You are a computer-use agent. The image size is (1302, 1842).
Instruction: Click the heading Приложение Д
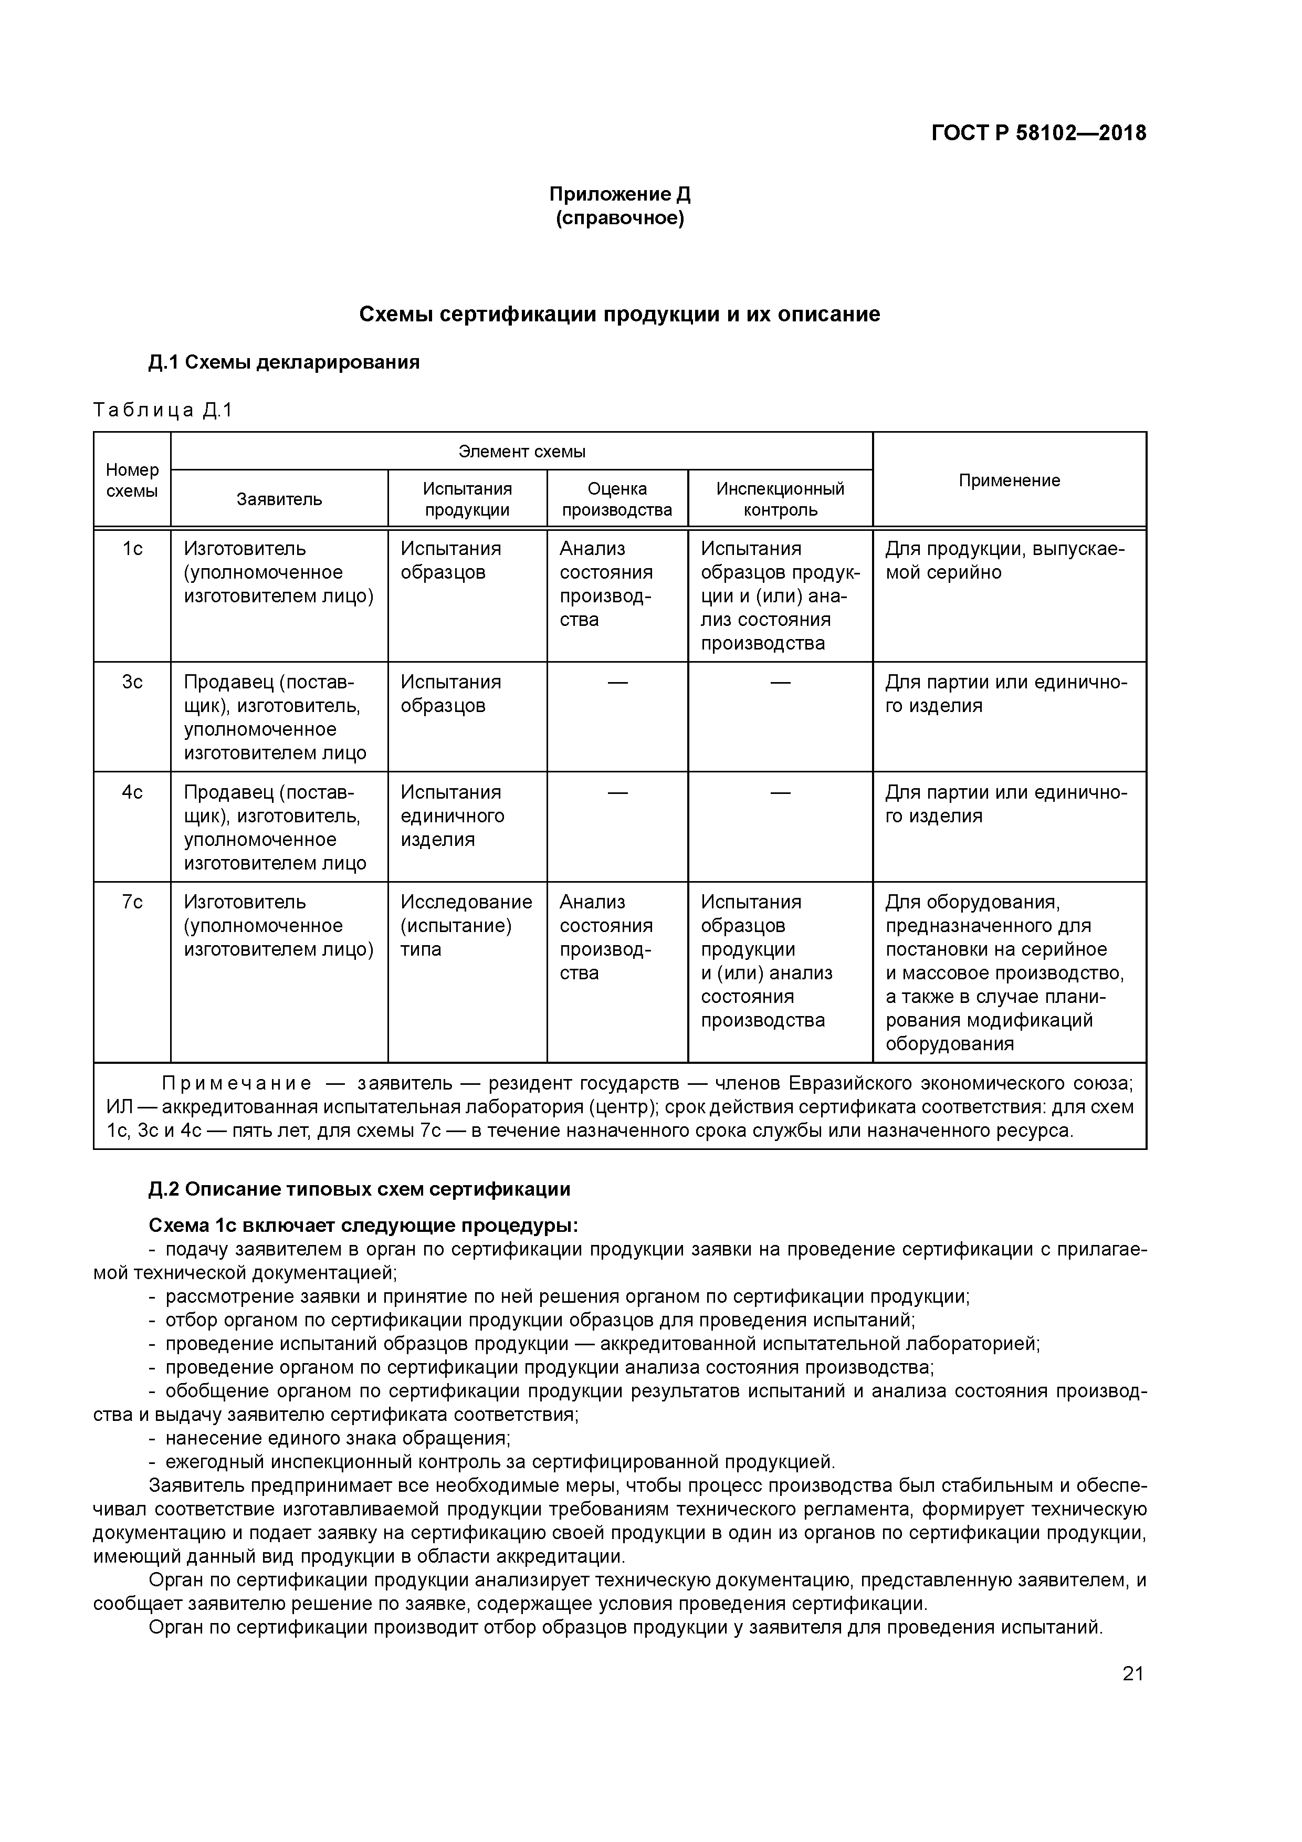pos(619,194)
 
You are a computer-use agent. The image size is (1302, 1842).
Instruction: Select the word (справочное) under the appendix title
pos(619,218)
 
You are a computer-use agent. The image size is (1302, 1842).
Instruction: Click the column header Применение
pos(1009,480)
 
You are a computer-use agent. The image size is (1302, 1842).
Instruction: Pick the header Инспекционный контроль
pos(780,499)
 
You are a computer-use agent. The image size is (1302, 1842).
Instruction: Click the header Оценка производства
pos(616,499)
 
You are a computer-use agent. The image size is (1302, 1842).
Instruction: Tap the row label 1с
pos(132,549)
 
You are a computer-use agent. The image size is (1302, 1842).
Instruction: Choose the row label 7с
pos(132,902)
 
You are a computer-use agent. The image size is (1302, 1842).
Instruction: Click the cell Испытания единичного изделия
pos(453,816)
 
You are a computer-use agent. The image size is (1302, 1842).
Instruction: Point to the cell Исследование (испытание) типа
pos(465,925)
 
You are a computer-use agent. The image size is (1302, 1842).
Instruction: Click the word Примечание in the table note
pos(237,1084)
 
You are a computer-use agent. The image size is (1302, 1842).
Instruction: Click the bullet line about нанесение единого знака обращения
pos(337,1438)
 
